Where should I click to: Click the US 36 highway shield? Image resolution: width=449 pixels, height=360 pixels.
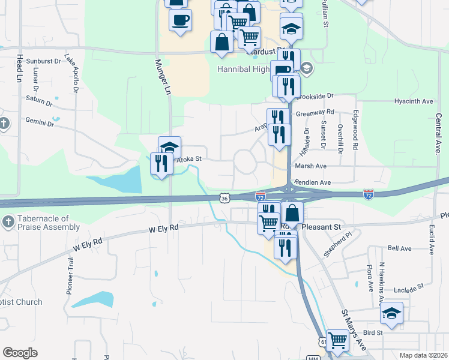tap(224, 197)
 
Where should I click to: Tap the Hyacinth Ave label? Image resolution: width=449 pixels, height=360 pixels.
tap(414, 101)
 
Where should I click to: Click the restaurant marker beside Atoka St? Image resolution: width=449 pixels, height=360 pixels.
tap(161, 164)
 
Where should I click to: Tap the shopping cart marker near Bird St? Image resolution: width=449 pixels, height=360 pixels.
tap(337, 340)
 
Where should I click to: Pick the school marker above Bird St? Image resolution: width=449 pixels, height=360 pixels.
tap(391, 313)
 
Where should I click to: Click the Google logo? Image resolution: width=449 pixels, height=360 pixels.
tap(20, 353)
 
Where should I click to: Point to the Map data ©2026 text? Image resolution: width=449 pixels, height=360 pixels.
tap(423, 355)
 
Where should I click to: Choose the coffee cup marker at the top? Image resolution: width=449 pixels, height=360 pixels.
tap(180, 20)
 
